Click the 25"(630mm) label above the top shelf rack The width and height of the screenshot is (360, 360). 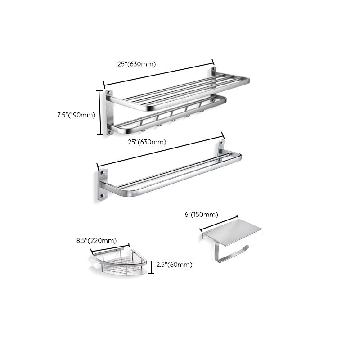(137, 64)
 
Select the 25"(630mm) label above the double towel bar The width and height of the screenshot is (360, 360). (147, 142)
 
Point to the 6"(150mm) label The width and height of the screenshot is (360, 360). (201, 215)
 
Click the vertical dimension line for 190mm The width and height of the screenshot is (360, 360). (101, 112)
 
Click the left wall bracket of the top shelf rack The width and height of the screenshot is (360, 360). (109, 112)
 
